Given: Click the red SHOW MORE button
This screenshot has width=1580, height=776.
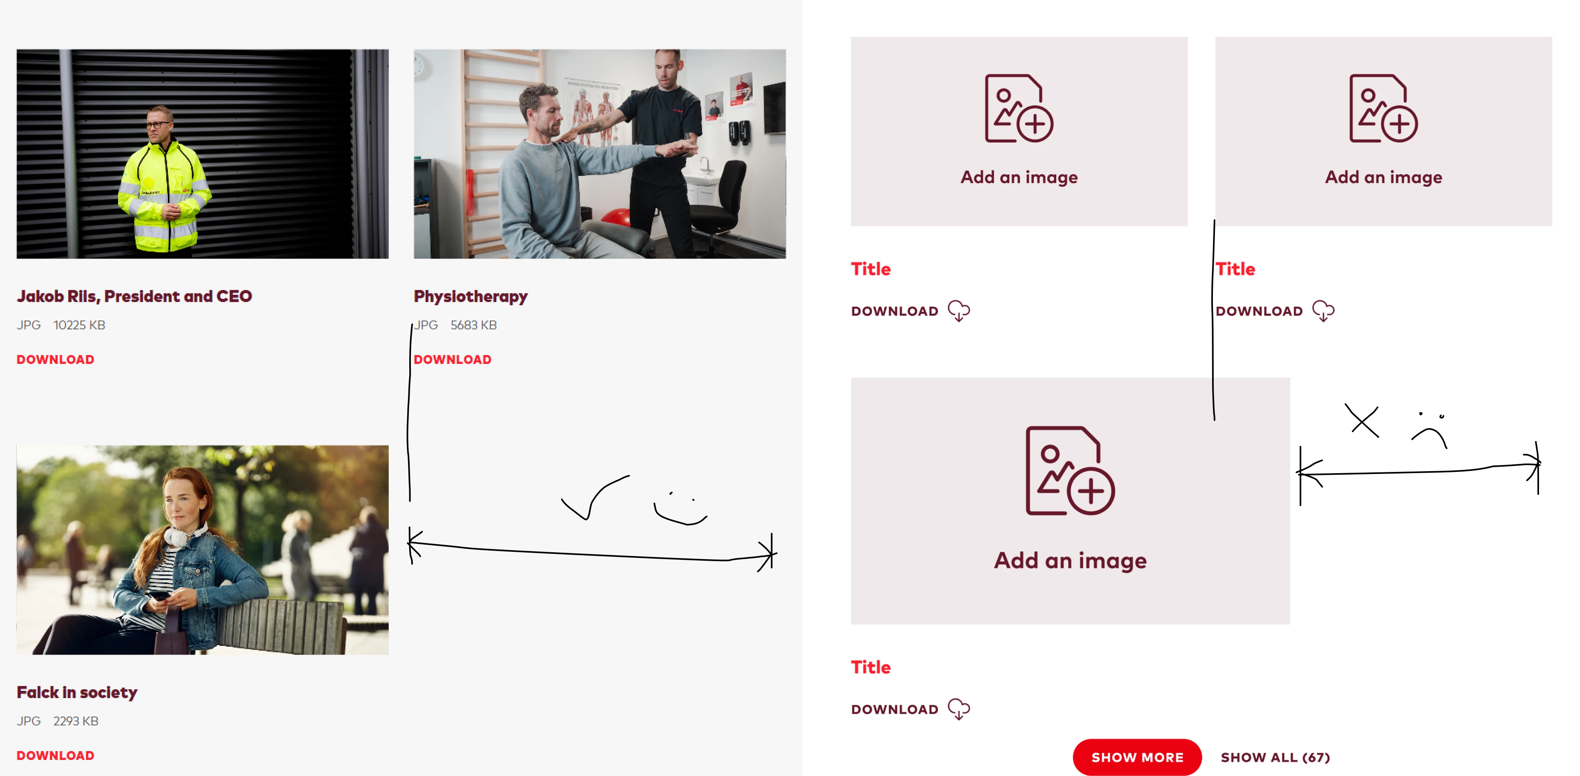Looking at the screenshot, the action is (1137, 757).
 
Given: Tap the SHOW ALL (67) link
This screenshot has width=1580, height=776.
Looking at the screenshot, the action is (1275, 758).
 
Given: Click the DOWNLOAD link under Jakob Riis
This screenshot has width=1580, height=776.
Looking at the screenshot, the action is (55, 359).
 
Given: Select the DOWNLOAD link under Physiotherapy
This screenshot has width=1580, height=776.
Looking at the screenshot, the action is (453, 359).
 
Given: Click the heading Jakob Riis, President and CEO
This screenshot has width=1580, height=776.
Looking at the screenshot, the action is (134, 296).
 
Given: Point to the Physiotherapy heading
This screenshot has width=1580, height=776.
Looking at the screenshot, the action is (470, 297).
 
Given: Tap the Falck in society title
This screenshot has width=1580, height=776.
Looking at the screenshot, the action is (77, 692).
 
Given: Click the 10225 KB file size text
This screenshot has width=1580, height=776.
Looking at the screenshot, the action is (79, 325).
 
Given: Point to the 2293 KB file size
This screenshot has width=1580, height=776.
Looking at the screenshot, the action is (76, 721).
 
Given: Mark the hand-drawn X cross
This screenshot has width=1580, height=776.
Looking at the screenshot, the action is (1362, 421).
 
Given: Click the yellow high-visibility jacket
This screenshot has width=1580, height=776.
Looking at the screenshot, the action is (164, 196).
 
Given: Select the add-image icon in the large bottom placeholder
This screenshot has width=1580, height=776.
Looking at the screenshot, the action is (1070, 470).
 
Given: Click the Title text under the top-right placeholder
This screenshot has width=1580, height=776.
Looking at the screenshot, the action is (1235, 269).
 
